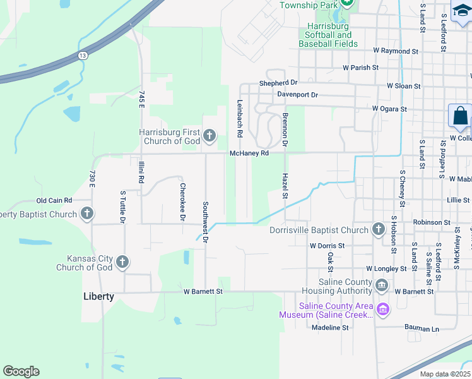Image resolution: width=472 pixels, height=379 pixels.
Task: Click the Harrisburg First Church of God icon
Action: click(x=209, y=135)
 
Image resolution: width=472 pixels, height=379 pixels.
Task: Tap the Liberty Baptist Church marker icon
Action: click(x=87, y=214)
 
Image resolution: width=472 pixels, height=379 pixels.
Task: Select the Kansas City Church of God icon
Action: click(x=122, y=262)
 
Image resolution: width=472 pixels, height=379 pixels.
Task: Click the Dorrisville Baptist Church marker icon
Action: click(x=378, y=229)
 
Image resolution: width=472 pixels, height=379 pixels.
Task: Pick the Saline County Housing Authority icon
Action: click(x=382, y=286)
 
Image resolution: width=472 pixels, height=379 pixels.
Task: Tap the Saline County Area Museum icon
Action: click(x=382, y=310)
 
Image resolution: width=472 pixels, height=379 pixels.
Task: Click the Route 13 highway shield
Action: click(x=83, y=56)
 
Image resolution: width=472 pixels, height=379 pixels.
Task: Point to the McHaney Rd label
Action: click(x=249, y=153)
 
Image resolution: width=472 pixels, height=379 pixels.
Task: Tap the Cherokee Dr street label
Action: click(x=182, y=202)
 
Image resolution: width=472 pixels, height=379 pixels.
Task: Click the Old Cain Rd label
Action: click(x=54, y=200)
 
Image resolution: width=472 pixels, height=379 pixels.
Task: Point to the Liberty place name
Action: click(x=99, y=296)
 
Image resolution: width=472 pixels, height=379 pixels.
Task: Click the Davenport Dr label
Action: click(x=298, y=95)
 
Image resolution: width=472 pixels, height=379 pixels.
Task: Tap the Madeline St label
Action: click(x=330, y=328)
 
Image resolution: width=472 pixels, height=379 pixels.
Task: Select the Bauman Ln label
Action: click(x=422, y=329)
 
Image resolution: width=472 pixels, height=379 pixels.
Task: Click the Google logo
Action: click(x=21, y=371)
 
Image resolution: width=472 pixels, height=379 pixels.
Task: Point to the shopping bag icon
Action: click(x=460, y=117)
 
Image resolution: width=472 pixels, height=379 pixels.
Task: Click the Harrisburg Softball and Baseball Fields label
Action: click(x=328, y=35)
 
